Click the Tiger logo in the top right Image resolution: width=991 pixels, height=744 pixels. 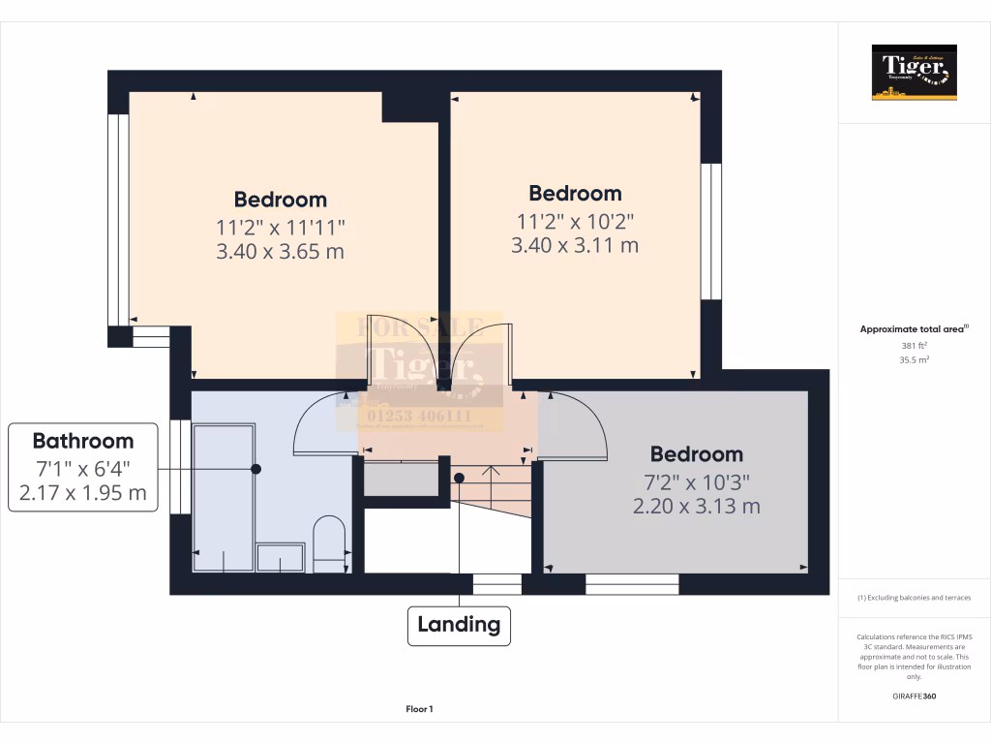[914, 72]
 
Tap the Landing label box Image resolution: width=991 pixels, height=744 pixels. [459, 625]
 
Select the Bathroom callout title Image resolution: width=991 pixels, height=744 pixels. [83, 442]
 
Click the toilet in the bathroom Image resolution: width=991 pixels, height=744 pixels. [329, 543]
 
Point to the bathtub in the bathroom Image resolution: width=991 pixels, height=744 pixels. [224, 495]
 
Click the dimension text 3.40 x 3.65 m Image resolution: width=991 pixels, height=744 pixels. [281, 252]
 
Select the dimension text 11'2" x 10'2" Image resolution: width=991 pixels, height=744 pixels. [575, 220]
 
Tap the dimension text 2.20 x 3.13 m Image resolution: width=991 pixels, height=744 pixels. [696, 506]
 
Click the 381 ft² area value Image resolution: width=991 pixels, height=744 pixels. [914, 345]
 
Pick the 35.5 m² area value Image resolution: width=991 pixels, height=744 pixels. [914, 359]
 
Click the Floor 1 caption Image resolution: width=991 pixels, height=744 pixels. [419, 709]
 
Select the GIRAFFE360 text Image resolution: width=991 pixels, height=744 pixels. [914, 696]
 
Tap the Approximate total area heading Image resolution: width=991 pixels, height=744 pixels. [914, 329]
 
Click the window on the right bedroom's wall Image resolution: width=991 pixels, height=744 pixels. [711, 232]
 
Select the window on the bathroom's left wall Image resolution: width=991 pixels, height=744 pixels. [179, 466]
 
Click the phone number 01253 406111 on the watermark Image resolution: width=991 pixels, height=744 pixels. [419, 418]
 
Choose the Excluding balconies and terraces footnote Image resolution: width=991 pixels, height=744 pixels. [914, 598]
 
